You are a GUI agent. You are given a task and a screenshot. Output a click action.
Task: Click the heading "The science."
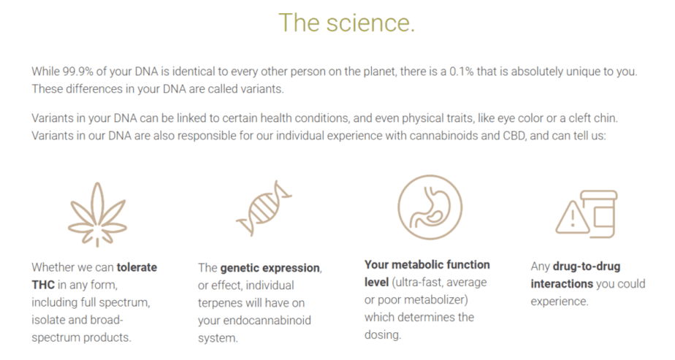346,23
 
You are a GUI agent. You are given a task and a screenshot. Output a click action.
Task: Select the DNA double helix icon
264,208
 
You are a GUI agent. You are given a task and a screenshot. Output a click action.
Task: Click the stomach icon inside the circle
430,207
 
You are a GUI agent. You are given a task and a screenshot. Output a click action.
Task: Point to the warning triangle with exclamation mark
572,218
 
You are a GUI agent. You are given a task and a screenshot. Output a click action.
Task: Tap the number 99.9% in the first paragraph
78,72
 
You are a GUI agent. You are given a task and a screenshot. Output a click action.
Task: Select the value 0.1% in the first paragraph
461,72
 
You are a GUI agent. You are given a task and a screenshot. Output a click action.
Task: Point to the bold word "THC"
43,285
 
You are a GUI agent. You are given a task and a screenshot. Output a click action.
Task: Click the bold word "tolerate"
137,267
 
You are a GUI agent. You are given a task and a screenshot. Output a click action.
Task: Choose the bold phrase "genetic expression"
270,268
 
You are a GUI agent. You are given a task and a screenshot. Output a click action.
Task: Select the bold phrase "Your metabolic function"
427,264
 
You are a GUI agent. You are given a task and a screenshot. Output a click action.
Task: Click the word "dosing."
383,334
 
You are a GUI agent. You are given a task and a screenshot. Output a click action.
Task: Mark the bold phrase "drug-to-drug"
587,267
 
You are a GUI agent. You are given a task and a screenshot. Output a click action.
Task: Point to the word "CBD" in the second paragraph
514,136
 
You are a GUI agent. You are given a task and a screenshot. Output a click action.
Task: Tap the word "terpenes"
221,303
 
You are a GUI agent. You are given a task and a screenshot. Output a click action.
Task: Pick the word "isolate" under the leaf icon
48,320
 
